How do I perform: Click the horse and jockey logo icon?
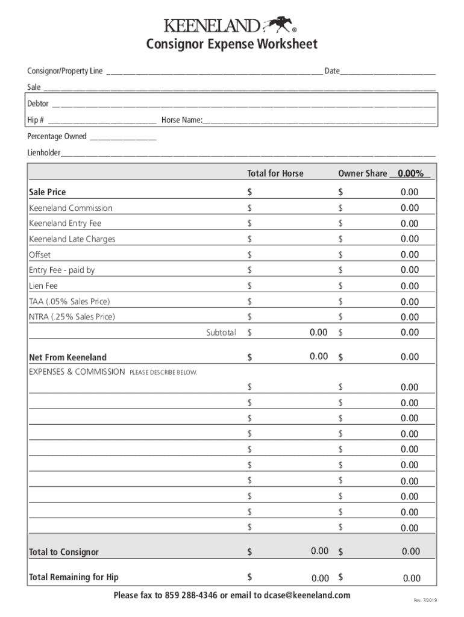[278, 24]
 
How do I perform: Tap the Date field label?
[331, 71]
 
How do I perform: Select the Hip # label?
[36, 120]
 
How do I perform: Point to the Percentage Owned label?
[57, 136]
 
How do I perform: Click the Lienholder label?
[43, 152]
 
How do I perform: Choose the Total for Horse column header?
[275, 174]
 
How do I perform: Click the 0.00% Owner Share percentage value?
[410, 174]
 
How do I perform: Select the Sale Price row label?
[48, 192]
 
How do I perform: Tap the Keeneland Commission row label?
[71, 208]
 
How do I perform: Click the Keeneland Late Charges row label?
[72, 239]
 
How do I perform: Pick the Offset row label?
[40, 255]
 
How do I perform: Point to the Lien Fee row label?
[43, 286]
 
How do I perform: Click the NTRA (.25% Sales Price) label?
[72, 317]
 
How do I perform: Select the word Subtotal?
[221, 333]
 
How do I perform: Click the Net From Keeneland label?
[67, 357]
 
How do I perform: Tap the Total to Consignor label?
[63, 552]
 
